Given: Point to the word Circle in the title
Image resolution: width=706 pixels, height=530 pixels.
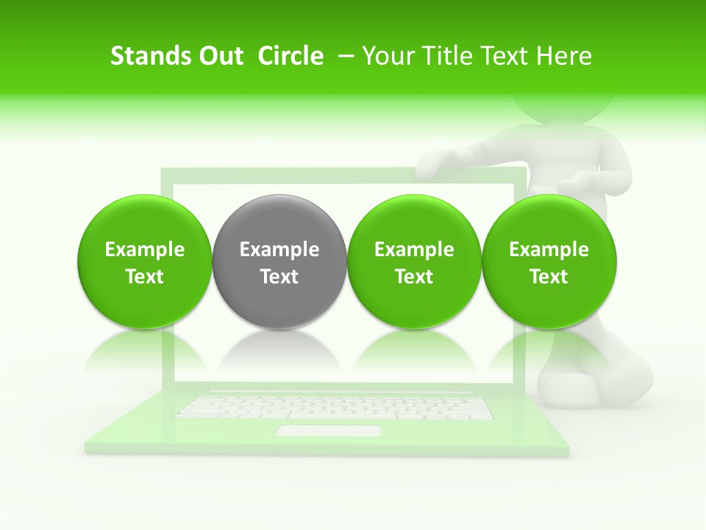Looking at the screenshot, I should point(290,56).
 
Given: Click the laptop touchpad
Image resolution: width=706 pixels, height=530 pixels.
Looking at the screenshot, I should point(328,431).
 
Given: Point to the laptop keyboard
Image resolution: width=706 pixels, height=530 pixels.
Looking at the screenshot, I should point(335,407).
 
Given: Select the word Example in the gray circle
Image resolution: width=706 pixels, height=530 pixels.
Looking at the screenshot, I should point(279,250).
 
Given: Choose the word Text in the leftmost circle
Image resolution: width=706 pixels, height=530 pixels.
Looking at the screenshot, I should point(144,277).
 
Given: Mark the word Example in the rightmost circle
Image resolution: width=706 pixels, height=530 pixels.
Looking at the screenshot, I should point(549,250).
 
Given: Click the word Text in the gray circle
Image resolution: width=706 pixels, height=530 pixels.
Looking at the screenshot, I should point(279,277).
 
